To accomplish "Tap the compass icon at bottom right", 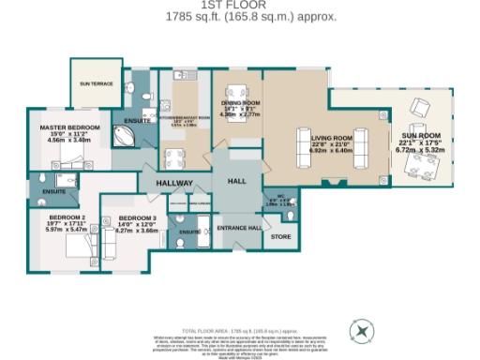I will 361,330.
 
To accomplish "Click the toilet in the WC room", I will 287,214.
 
